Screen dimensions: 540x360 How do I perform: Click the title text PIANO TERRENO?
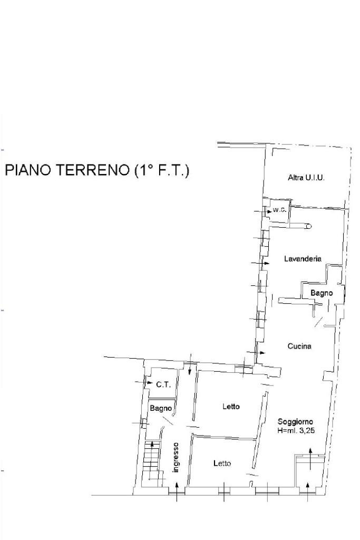(66, 171)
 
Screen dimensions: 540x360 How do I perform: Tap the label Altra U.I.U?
(306, 178)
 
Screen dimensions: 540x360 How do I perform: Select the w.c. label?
(279, 210)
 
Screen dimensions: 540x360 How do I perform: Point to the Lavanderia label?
(303, 259)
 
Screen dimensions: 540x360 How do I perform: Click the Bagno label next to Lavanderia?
(321, 293)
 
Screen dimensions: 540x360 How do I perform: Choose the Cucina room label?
(299, 346)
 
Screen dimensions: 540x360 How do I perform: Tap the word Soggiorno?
(296, 422)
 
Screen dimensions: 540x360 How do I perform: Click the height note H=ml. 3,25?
(296, 431)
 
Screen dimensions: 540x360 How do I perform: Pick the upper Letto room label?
(231, 407)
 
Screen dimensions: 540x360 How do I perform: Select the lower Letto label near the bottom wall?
(222, 464)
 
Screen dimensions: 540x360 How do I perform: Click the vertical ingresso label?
(176, 457)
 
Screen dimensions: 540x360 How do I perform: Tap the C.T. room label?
(163, 385)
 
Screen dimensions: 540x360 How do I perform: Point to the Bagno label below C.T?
(160, 408)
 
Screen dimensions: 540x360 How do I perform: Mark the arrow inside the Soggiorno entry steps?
(310, 458)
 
